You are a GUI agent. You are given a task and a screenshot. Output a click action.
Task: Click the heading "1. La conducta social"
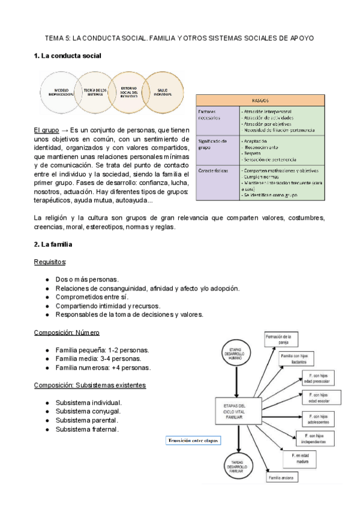tap(67, 56)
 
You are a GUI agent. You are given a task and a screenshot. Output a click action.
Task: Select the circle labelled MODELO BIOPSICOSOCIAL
tap(61, 92)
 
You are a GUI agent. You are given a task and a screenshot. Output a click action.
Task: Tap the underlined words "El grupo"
tap(46, 130)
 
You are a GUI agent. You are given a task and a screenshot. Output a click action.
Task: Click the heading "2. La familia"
tap(53, 244)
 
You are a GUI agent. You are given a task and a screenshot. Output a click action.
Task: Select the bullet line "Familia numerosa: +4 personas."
tap(103, 367)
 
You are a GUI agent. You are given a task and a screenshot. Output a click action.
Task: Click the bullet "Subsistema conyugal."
tap(88, 411)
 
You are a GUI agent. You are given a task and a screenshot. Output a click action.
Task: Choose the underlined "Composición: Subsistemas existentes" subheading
tap(90, 385)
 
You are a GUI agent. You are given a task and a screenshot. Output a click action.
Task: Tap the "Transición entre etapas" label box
tap(193, 441)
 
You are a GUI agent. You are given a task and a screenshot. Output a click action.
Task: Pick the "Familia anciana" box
tap(283, 478)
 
